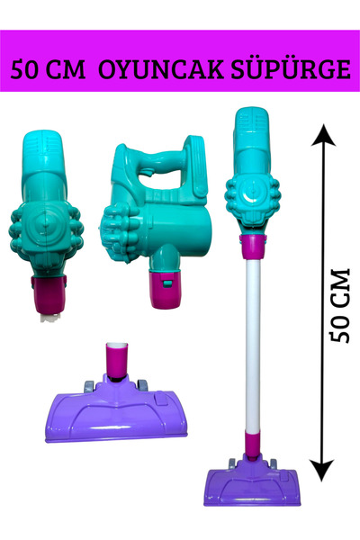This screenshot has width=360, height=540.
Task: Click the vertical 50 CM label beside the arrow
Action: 339,305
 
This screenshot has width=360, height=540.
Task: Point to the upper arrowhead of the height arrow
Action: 323,135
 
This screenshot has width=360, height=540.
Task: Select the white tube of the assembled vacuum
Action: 253,346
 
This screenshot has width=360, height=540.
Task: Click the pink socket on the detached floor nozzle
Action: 116,363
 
